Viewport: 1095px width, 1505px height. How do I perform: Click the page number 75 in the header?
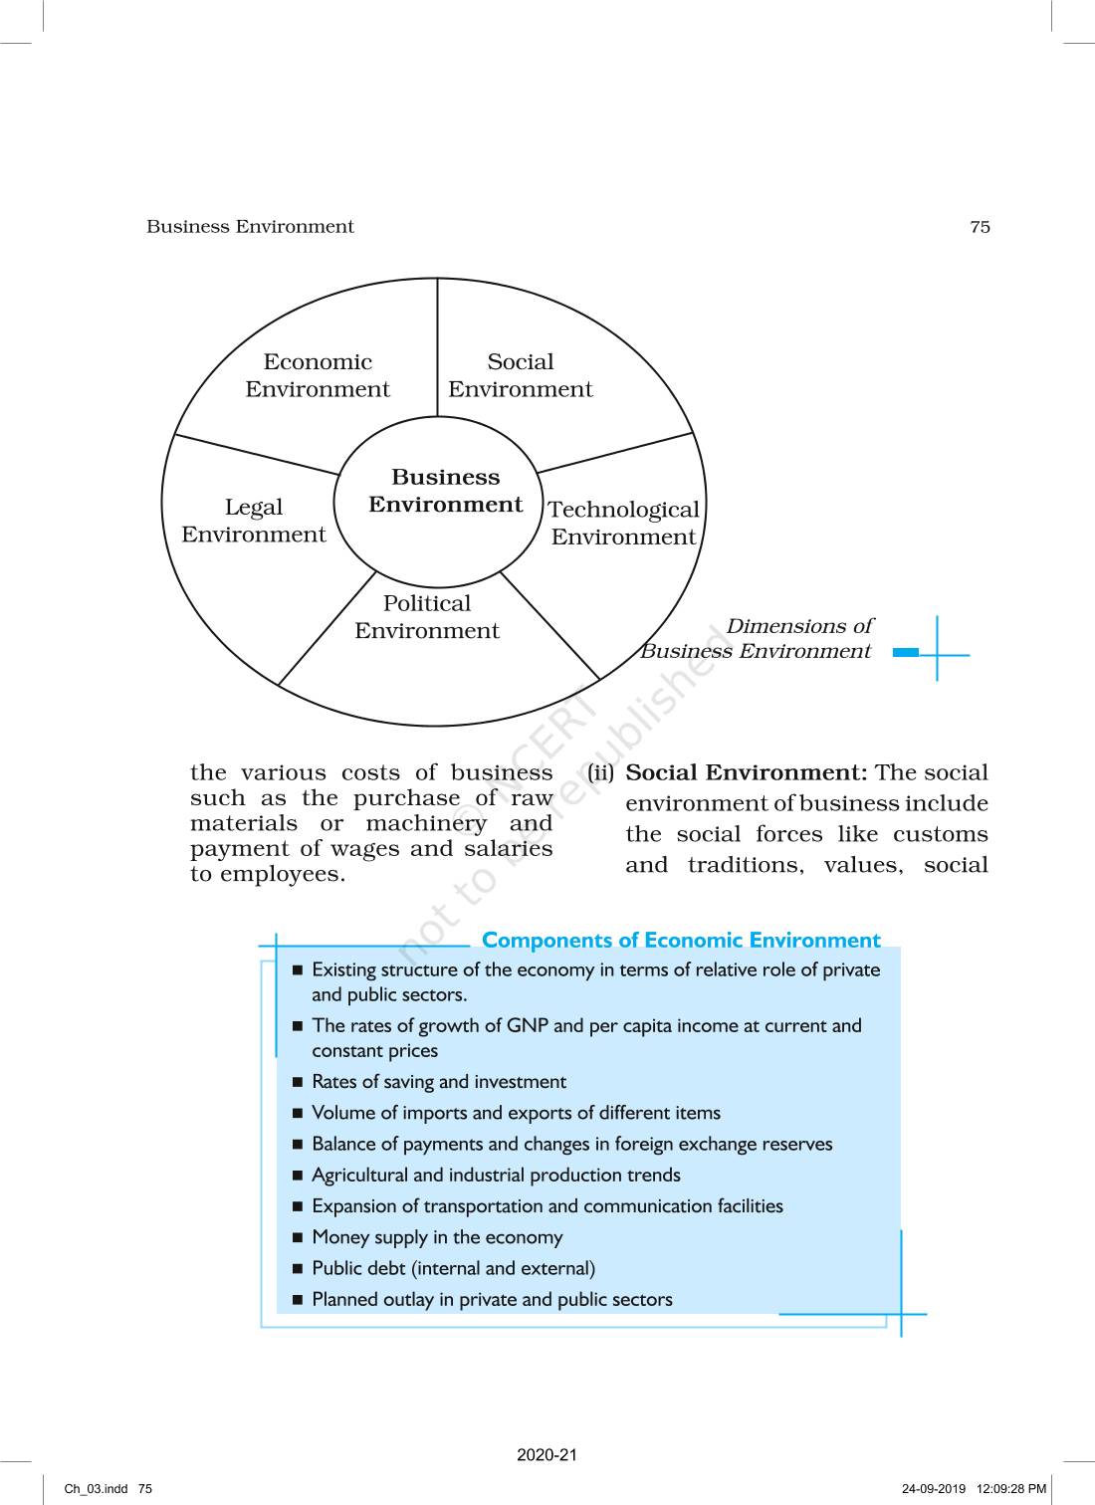coord(980,227)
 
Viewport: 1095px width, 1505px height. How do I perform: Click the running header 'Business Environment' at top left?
coord(250,227)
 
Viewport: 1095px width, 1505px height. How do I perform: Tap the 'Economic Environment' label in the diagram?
coord(318,376)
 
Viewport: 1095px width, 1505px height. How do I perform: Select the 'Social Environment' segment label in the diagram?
coord(520,376)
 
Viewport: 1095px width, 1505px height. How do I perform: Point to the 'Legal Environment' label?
coord(254,522)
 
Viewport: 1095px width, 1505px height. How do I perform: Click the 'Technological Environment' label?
coord(623,524)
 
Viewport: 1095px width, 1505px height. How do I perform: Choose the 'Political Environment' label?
coord(427,617)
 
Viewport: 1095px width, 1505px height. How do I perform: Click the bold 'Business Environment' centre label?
coord(445,492)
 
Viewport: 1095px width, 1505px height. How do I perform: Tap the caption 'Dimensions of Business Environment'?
coord(757,639)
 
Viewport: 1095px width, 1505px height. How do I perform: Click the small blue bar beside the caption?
coord(906,653)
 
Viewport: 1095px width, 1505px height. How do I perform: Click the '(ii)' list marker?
coord(600,773)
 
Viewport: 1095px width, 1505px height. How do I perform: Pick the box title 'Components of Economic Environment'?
coord(681,941)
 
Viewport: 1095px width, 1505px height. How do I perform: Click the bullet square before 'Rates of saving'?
coord(298,1082)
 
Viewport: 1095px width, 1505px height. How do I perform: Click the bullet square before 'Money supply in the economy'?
coord(298,1238)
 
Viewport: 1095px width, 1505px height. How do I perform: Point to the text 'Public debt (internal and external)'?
coord(453,1269)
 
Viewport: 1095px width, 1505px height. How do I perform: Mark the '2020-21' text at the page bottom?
coord(547,1455)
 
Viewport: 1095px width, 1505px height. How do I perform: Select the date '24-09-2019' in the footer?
coord(933,1489)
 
